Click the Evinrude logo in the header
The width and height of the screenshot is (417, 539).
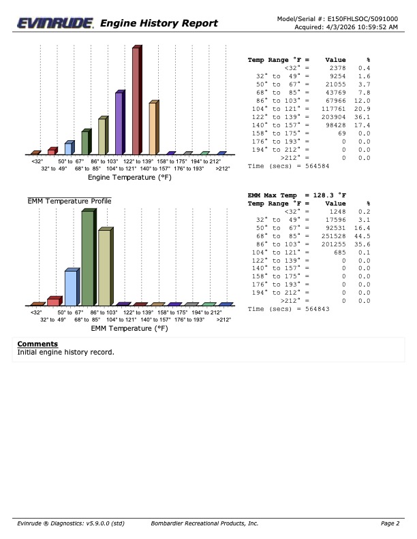coord(56,24)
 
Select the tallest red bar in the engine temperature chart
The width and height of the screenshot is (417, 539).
coord(136,101)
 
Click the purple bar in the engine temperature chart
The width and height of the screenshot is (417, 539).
coord(119,123)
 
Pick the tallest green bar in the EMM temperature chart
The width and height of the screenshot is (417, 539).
coord(88,258)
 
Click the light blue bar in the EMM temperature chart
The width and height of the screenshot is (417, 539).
coord(71,287)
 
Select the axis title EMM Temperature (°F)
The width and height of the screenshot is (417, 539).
coord(129,328)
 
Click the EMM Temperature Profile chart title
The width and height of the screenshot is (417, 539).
coord(69,201)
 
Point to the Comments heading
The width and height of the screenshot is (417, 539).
coord(37,344)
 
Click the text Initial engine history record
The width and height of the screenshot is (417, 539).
coord(65,353)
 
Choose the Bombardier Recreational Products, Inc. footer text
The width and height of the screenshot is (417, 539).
coord(204,523)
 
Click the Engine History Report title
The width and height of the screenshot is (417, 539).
coord(159,24)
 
